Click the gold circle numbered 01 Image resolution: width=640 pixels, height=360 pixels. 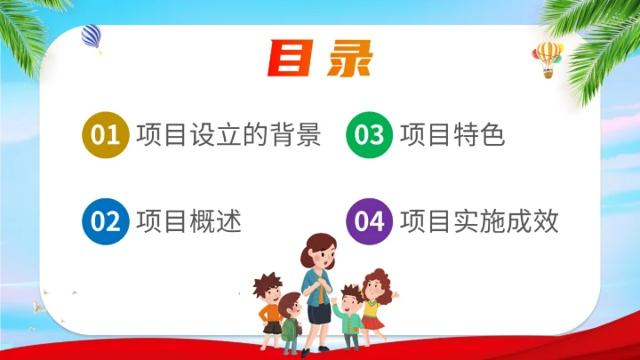pos(105,135)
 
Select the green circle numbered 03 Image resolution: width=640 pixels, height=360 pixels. pos(369,135)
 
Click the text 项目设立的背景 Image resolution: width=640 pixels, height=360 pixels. pos(228,135)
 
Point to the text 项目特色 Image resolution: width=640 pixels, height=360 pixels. pos(452,135)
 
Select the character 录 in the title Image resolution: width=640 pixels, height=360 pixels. pos(349,58)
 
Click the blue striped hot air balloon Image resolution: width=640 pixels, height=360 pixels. pos(91,36)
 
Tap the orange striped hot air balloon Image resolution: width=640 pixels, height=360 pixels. pos(548,56)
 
